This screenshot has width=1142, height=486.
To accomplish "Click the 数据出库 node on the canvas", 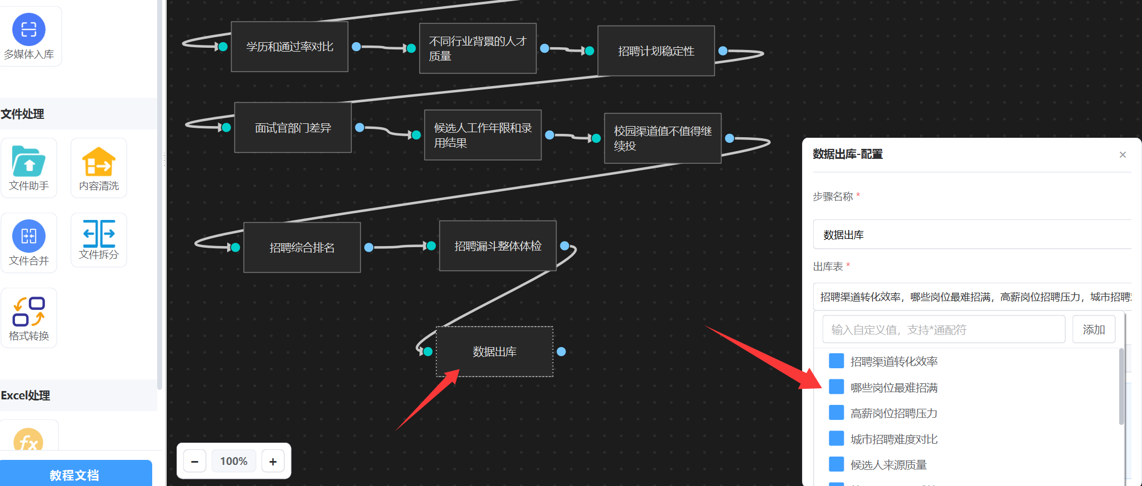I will [494, 352].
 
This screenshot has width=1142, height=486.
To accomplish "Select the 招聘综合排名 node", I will [302, 248].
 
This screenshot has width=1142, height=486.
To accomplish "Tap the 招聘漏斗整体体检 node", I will [497, 246].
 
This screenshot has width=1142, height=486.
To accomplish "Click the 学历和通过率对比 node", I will [289, 47].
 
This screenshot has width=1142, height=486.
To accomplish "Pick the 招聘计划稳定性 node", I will [655, 51].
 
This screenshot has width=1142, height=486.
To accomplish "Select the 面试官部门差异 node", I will [293, 128].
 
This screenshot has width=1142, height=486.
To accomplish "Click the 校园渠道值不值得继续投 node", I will [662, 138].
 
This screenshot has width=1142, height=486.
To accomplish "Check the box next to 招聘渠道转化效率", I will [836, 361].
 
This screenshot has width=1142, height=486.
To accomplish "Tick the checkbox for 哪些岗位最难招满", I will [836, 387].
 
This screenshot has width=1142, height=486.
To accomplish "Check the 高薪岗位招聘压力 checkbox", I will [836, 413].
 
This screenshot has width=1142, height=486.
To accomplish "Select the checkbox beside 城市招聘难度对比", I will [836, 439].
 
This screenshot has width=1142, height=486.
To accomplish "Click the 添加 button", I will [1093, 329].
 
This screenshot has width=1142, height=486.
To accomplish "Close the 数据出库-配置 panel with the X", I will [1123, 154].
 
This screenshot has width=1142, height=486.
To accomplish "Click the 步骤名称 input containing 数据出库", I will [972, 235].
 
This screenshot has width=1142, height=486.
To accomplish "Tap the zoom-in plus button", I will [273, 462].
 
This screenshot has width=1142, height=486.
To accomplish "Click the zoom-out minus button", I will [195, 462].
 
